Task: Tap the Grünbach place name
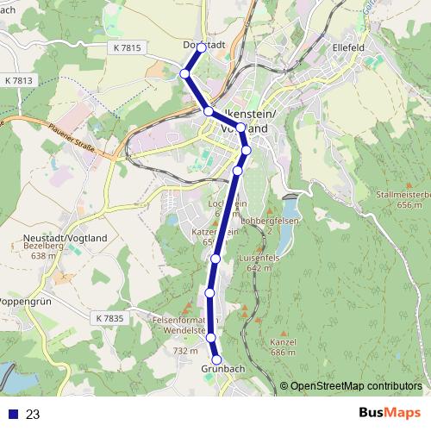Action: pos(223,370)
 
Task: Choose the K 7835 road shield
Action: pos(110,319)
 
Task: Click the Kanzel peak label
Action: pos(282,342)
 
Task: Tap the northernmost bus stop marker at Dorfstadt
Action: pos(201,48)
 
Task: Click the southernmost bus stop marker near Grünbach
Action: pos(217,359)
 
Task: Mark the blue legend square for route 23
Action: pos(13,414)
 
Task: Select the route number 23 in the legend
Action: pos(33,414)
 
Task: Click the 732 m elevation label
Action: pos(185,351)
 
